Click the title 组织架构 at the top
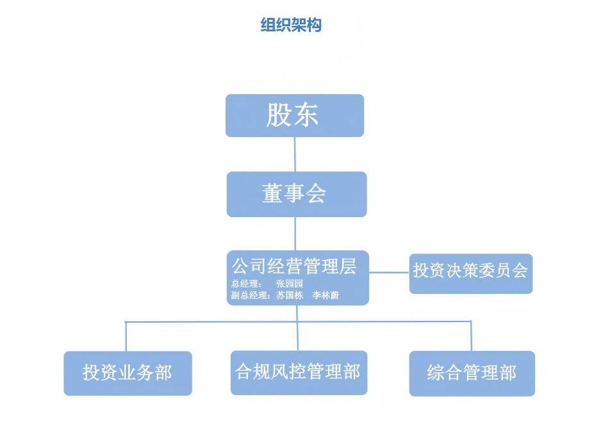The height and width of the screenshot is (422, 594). (291, 25)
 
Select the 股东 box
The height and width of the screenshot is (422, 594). (294, 116)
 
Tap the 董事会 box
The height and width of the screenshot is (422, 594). (296, 194)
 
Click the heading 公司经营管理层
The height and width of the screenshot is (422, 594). (293, 265)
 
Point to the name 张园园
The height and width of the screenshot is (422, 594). (289, 284)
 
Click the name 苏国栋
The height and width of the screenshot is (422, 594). (289, 295)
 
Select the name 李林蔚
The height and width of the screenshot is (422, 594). (326, 295)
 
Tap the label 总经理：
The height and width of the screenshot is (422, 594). (246, 284)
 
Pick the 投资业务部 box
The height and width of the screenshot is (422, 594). (128, 373)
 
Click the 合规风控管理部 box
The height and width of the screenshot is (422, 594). (298, 372)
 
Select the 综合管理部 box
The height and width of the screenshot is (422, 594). (472, 373)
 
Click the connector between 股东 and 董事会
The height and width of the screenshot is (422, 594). (295, 154)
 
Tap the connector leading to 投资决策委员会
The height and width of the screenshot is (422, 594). (389, 272)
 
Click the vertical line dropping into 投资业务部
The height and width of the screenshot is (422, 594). (126, 336)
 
